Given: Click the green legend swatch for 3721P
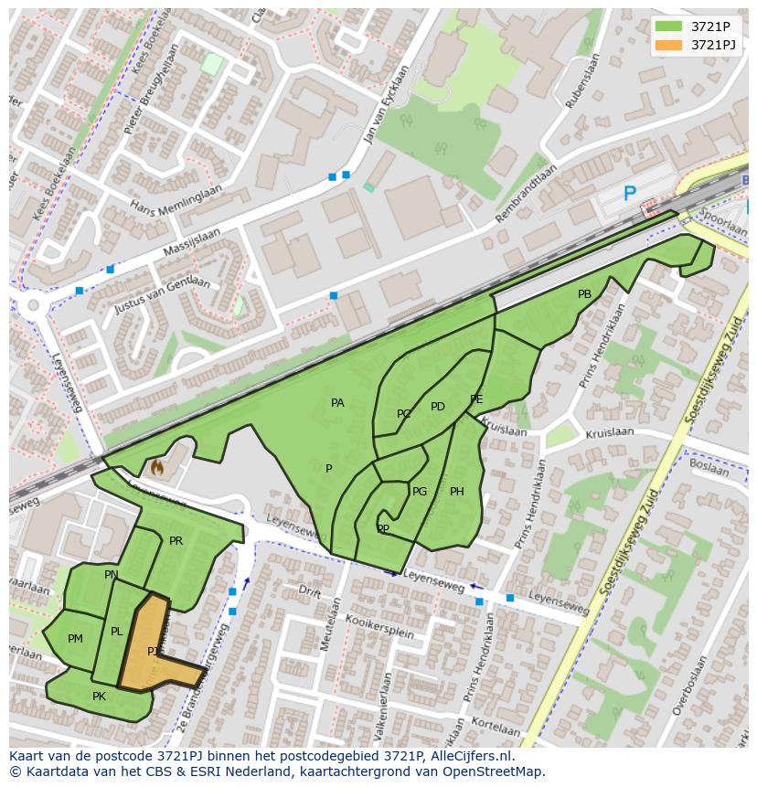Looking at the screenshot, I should (x=668, y=27).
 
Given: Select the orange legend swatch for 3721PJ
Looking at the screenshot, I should (x=668, y=45).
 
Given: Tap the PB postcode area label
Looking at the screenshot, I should (x=584, y=294).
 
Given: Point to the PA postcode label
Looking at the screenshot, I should (x=337, y=403).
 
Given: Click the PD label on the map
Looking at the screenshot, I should (x=437, y=407).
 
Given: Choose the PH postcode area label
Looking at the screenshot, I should (x=456, y=492).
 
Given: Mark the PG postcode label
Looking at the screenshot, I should (x=419, y=492).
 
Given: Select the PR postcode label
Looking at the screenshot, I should (x=176, y=541).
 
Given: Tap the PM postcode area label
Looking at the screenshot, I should (x=75, y=639).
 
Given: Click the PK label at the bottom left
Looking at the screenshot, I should (x=99, y=697).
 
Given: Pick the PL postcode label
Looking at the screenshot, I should (x=116, y=632).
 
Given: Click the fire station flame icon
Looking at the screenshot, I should (x=156, y=468).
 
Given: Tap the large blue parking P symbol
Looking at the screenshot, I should (x=629, y=194).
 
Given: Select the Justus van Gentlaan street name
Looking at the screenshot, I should (x=162, y=296).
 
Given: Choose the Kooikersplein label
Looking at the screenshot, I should (x=380, y=627).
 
